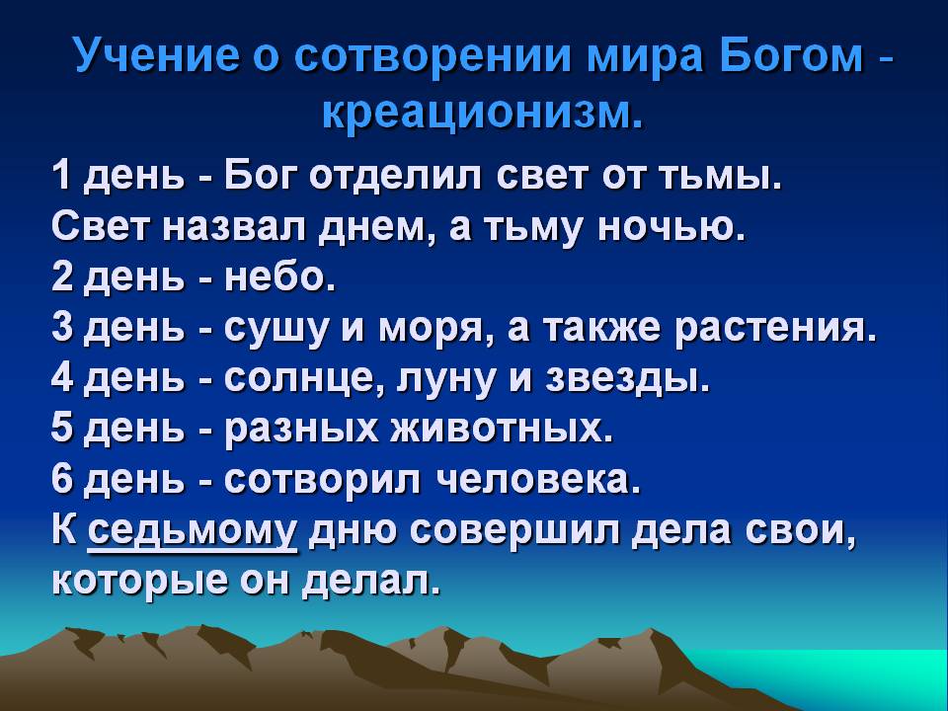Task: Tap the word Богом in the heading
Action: pyautogui.click(x=791, y=55)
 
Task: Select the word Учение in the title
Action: pyautogui.click(x=157, y=55)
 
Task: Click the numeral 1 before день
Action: pyautogui.click(x=60, y=176)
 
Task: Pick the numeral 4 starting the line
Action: pyautogui.click(x=61, y=378)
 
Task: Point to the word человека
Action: pyautogui.click(x=536, y=481)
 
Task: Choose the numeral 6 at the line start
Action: pyautogui.click(x=61, y=480)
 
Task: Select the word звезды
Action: pyautogui.click(x=626, y=381)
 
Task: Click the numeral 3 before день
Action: pyautogui.click(x=61, y=328)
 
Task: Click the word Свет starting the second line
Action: pyautogui.click(x=100, y=227)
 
